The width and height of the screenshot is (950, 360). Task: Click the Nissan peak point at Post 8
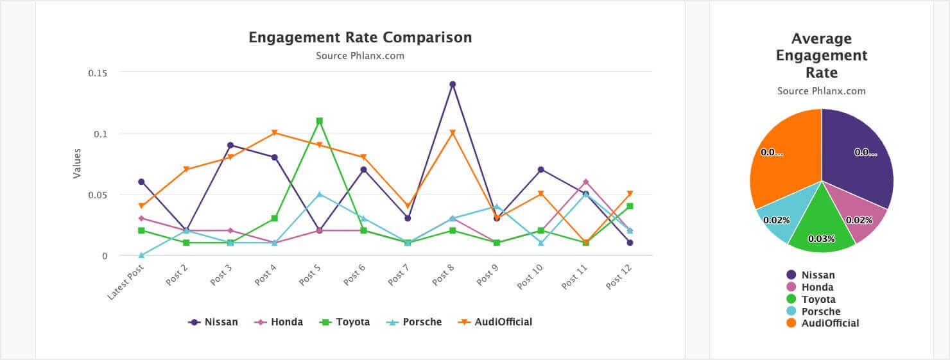coord(453,84)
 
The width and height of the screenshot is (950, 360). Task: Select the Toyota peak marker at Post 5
coord(319,121)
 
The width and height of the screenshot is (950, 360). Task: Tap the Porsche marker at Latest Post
coord(141,255)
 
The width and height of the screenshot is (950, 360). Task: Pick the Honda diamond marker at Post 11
coord(585,182)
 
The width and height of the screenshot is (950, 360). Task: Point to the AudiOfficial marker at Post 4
coord(275,133)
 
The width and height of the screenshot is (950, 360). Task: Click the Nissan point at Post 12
coord(630,243)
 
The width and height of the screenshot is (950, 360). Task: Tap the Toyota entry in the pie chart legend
coord(818,299)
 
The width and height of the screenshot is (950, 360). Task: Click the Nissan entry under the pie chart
coord(818,275)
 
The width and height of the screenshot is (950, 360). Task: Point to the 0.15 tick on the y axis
coord(98,73)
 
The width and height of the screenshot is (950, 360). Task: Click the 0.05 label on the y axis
coord(98,194)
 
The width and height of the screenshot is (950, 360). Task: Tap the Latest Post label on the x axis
coord(126,282)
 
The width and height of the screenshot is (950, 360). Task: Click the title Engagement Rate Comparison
coord(360,37)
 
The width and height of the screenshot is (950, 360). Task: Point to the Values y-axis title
coord(77,164)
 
